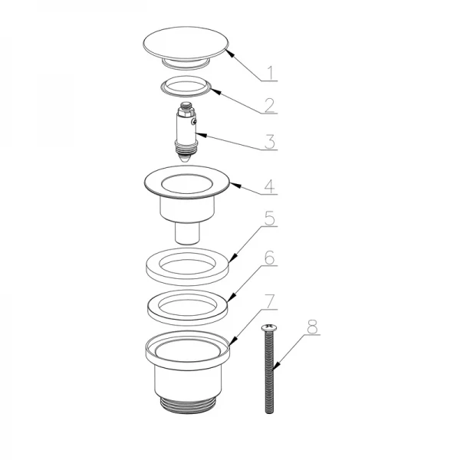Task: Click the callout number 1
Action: pyautogui.click(x=271, y=73)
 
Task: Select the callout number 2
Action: pyautogui.click(x=269, y=105)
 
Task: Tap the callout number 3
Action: pyautogui.click(x=270, y=142)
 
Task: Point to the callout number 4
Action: pyautogui.click(x=270, y=186)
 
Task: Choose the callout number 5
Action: pyautogui.click(x=270, y=219)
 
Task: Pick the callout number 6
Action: pyautogui.click(x=270, y=258)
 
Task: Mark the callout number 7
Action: pyautogui.click(x=270, y=301)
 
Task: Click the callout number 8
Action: pyautogui.click(x=313, y=327)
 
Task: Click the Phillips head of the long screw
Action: pyautogui.click(x=269, y=327)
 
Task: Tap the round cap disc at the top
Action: pyautogui.click(x=186, y=43)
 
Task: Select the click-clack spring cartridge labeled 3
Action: pyautogui.click(x=186, y=133)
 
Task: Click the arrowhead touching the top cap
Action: pyautogui.click(x=230, y=53)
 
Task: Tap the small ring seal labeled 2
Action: pyautogui.click(x=186, y=87)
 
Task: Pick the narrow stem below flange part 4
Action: pyautogui.click(x=188, y=233)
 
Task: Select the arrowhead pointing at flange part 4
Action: pyautogui.click(x=236, y=186)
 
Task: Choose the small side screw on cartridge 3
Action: pyautogui.click(x=193, y=121)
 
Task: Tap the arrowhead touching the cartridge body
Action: pyautogui.click(x=201, y=135)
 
